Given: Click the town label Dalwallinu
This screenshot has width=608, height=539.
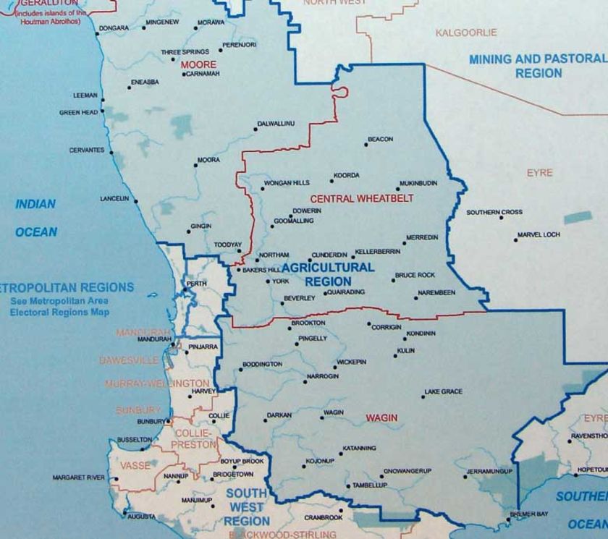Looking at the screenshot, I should click(x=277, y=124).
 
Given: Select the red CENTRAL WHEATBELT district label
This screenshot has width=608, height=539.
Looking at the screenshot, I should click(x=352, y=198).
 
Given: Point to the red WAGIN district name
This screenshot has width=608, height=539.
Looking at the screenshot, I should click(x=381, y=418).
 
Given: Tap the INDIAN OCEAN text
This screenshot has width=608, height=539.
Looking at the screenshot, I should click(x=36, y=218).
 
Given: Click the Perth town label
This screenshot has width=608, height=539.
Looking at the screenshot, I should click(x=192, y=283).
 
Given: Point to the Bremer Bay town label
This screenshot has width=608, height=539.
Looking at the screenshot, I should click(x=530, y=514).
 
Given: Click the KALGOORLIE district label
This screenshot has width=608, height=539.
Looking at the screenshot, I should click(x=466, y=33).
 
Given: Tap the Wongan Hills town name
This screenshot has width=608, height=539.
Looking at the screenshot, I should click(x=286, y=183).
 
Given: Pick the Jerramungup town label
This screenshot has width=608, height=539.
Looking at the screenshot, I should click(x=489, y=471).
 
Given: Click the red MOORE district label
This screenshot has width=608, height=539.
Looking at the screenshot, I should click(x=198, y=64).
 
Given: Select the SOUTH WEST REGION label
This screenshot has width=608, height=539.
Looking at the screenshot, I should click(x=247, y=507).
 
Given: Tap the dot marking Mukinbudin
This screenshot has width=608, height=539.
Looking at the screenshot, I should click(x=398, y=190).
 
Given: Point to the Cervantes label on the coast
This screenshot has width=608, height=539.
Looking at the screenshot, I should click(x=87, y=150).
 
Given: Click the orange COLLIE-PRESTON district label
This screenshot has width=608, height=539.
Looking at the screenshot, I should click(x=195, y=439).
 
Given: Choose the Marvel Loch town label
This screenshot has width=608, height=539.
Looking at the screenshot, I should click(x=540, y=234).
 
